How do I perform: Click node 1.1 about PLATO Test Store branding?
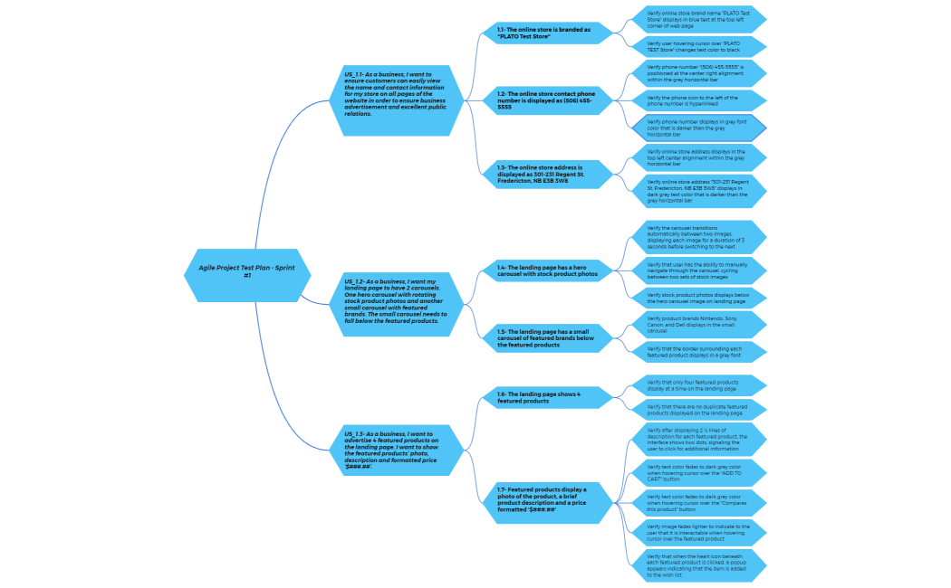click(x=550, y=33)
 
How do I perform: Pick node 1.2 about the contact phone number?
click(x=550, y=100)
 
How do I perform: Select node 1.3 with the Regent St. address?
click(x=550, y=174)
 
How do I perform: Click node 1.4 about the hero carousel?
click(x=550, y=270)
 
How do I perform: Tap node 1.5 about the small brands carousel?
click(x=550, y=338)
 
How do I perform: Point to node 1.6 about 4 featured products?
click(x=550, y=397)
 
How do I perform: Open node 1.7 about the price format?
click(x=550, y=500)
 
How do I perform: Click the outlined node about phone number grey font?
click(x=700, y=128)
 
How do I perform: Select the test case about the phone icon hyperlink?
click(x=700, y=100)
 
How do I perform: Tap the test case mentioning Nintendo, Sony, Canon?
click(x=700, y=325)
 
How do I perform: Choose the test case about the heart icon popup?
click(x=700, y=564)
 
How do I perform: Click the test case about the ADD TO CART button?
click(x=700, y=472)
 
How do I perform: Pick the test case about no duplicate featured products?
click(x=700, y=410)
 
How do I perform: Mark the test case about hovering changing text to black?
click(x=700, y=47)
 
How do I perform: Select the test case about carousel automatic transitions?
click(x=700, y=237)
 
